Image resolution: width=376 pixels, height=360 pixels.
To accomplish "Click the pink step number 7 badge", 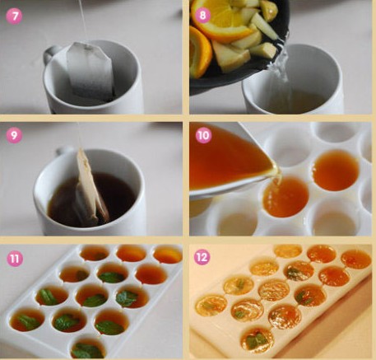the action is click(14, 16).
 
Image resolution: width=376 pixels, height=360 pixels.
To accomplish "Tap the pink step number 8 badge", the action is click(202, 15).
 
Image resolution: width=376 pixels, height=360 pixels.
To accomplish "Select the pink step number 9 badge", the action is click(14, 135).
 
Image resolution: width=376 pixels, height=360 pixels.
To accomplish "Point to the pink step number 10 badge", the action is click(203, 135).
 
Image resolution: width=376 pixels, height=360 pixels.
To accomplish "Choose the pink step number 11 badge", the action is click(15, 259).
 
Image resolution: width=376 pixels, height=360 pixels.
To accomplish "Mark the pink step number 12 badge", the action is click(202, 257).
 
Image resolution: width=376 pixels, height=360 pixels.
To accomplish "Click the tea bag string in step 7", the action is click(84, 21).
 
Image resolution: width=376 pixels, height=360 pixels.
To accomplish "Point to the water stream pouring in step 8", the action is click(282, 64).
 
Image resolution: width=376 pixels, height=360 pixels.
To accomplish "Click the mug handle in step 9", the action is click(63, 150).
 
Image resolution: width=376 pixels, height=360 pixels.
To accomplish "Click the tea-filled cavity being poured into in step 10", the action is click(285, 197).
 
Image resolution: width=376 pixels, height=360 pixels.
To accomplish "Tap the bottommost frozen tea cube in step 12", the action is click(257, 339).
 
